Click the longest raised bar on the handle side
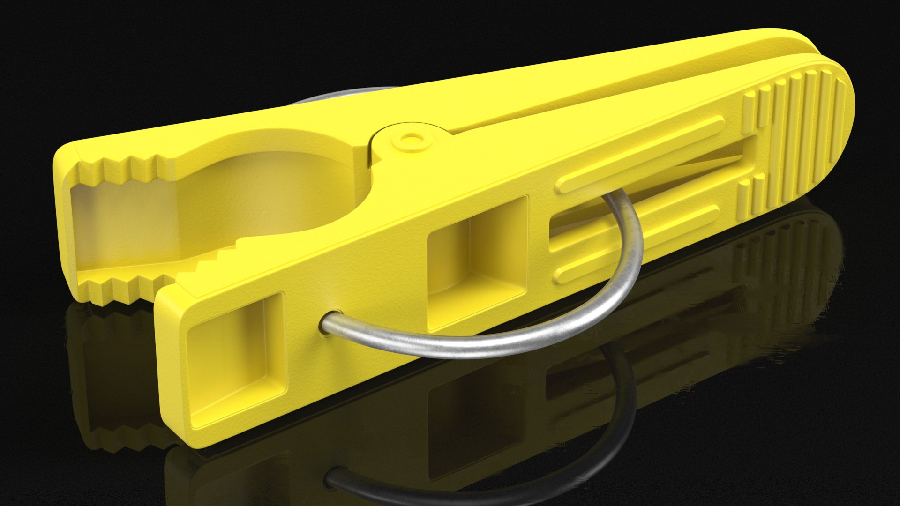pyautogui.click(x=640, y=155)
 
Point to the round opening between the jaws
pyautogui.click(x=281, y=197)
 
